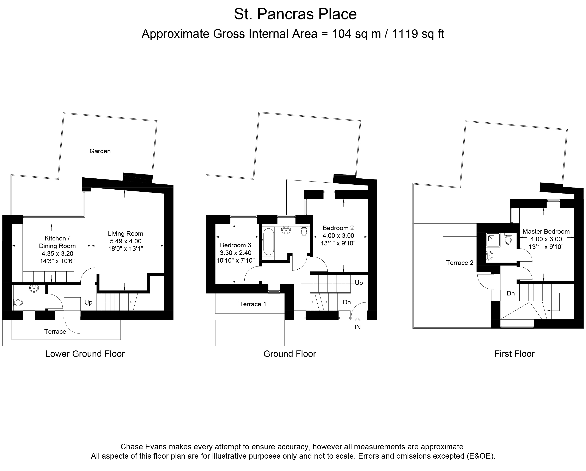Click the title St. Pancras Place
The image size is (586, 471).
tap(295, 14)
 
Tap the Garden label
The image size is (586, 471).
tap(100, 151)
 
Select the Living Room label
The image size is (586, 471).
tap(126, 233)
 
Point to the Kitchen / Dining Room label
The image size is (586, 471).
tap(57, 242)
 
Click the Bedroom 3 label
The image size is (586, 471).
tap(235, 245)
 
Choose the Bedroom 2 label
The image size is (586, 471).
tap(338, 228)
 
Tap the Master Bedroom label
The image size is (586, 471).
tap(546, 232)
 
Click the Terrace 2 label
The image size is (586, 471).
tap(460, 263)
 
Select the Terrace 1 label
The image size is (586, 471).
tap(252, 304)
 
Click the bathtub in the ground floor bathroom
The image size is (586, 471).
tap(269, 242)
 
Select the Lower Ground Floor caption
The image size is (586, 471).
tap(85, 354)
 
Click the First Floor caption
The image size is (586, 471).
tap(514, 354)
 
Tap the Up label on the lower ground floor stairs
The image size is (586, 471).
tap(88, 303)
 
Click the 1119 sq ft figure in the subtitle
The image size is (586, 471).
tap(418, 34)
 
